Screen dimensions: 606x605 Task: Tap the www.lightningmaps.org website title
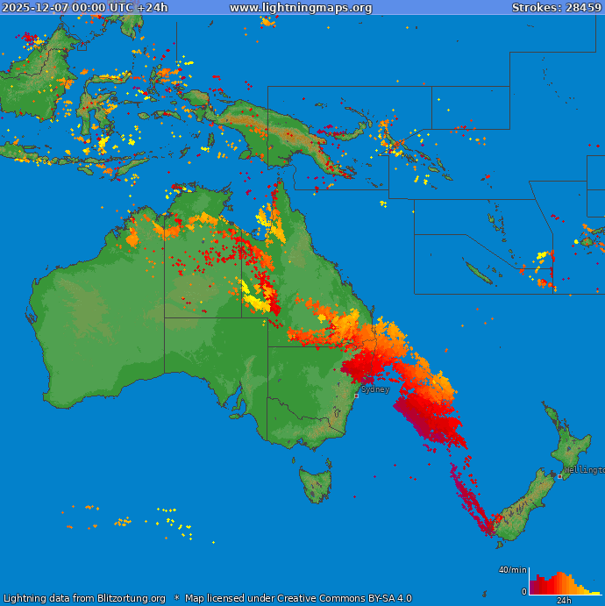(301, 8)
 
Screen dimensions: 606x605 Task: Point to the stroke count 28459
(583, 8)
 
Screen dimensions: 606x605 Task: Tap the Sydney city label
(375, 389)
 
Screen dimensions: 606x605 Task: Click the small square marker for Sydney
(356, 396)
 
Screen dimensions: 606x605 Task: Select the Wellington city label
(584, 470)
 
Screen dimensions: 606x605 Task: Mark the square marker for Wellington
(560, 476)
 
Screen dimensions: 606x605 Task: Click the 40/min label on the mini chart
(513, 570)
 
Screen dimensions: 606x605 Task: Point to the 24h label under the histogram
(565, 601)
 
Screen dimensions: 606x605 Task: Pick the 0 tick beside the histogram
(524, 592)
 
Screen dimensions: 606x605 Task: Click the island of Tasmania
(316, 485)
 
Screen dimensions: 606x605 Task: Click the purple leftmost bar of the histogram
(532, 589)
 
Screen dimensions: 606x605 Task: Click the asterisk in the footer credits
(176, 599)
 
